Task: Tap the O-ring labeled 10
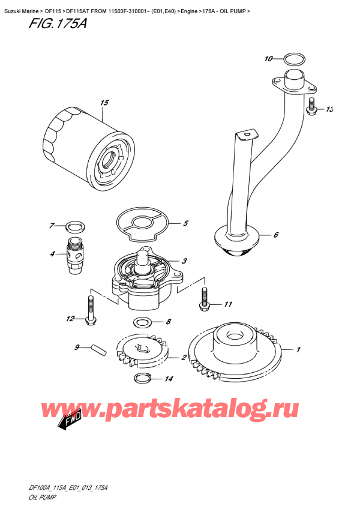292,59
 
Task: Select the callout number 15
104,103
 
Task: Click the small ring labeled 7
74,227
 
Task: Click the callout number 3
184,261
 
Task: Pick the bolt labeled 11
203,298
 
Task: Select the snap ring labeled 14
142,378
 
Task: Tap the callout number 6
275,235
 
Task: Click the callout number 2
183,358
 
